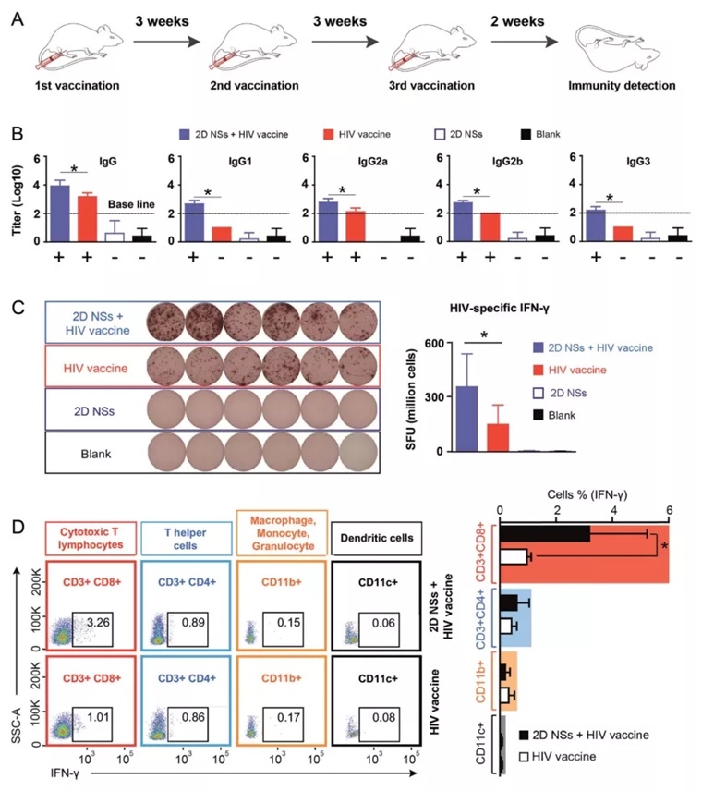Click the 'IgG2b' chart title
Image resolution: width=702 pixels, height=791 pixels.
click(x=490, y=158)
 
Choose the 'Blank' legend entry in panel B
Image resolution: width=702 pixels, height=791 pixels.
click(x=552, y=133)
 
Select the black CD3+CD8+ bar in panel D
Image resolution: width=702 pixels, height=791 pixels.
click(x=545, y=534)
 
